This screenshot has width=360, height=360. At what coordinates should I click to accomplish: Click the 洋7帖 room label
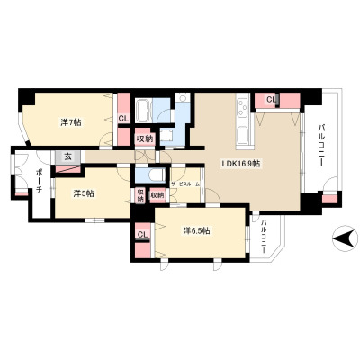(x=71, y=122)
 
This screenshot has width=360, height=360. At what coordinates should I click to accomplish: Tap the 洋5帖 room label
(x=84, y=194)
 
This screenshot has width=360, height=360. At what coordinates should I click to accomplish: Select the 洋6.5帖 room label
(x=196, y=230)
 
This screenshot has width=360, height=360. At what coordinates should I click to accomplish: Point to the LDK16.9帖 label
(x=240, y=164)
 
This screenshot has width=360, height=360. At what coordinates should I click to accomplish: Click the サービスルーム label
(x=185, y=184)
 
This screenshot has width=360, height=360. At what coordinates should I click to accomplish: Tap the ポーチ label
(x=39, y=181)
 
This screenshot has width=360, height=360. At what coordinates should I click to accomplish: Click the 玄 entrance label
(x=68, y=157)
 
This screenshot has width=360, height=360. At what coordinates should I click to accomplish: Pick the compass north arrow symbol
(x=345, y=238)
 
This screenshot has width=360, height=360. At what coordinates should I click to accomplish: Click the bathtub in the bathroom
(x=143, y=111)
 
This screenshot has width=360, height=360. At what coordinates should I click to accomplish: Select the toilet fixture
(x=156, y=175)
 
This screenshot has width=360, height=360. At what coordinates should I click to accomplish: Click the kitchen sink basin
(x=242, y=135)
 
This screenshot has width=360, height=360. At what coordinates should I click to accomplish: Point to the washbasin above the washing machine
(x=182, y=97)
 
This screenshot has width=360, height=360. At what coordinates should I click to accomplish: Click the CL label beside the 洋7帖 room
(x=123, y=118)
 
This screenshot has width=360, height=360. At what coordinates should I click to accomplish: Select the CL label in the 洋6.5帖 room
(x=142, y=235)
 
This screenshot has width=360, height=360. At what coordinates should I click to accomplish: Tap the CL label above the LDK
(x=272, y=100)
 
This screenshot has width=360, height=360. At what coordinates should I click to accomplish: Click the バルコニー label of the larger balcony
(x=321, y=145)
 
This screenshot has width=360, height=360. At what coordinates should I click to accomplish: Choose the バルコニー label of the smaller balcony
(x=264, y=237)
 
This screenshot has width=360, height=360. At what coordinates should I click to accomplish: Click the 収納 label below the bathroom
(x=145, y=139)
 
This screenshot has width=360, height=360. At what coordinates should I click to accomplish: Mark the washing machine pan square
(x=166, y=136)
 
